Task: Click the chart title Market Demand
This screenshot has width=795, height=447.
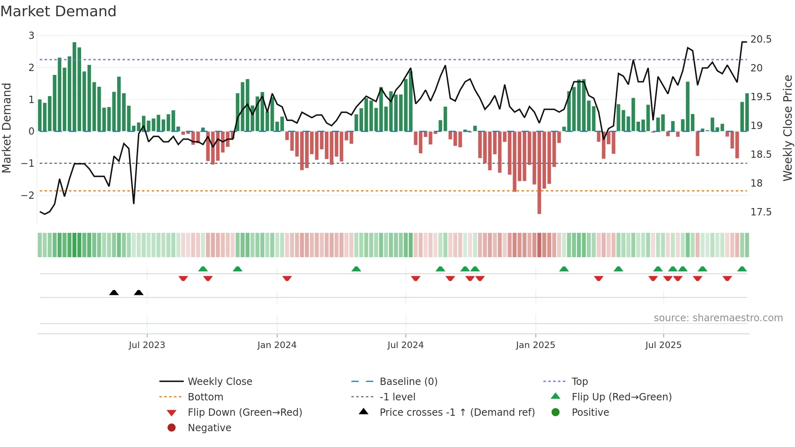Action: pyautogui.click(x=58, y=11)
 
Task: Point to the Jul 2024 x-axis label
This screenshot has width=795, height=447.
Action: pyautogui.click(x=405, y=345)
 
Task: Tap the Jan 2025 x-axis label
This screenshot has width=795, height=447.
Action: pyautogui.click(x=535, y=345)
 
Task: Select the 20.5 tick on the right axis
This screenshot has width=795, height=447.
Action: pyautogui.click(x=761, y=39)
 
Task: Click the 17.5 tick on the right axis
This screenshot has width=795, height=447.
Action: pyautogui.click(x=761, y=212)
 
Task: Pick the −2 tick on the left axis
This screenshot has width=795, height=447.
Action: pyautogui.click(x=28, y=195)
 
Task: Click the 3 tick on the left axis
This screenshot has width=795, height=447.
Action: pyautogui.click(x=31, y=36)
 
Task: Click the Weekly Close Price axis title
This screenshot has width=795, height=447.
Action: pyautogui.click(x=787, y=128)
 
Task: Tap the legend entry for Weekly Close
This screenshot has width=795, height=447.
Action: pyautogui.click(x=219, y=382)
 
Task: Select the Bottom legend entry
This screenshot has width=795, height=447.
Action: pyautogui.click(x=205, y=397)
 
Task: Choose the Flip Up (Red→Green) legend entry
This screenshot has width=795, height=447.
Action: pyautogui.click(x=621, y=397)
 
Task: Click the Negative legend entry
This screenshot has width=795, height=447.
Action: pyautogui.click(x=209, y=428)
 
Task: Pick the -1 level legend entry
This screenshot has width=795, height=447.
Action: pyautogui.click(x=397, y=397)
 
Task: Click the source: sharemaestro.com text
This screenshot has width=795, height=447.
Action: pyautogui.click(x=718, y=318)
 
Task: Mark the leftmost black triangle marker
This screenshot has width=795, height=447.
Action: pyautogui.click(x=114, y=292)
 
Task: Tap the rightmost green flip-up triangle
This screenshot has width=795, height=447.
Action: pyautogui.click(x=742, y=269)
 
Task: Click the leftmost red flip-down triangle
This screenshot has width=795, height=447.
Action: pyautogui.click(x=183, y=278)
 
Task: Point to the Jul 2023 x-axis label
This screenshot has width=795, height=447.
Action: pyautogui.click(x=147, y=345)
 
